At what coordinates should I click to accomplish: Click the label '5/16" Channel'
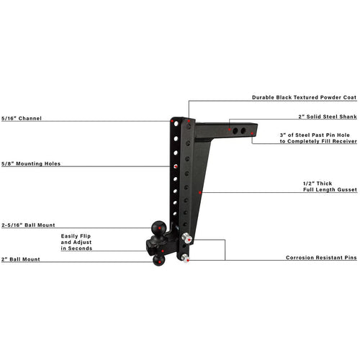22,118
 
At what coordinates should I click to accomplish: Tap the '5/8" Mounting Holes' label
31,163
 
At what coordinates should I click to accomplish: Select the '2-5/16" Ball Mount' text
28,225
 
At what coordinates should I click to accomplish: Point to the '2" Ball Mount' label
21,259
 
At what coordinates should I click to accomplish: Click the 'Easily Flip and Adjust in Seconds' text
76,242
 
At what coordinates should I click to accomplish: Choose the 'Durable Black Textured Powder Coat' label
305,97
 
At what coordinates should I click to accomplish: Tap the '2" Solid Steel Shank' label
328,117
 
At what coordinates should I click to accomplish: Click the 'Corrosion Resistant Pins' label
321,258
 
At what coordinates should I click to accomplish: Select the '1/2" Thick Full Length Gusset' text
330,186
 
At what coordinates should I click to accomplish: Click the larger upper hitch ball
158,228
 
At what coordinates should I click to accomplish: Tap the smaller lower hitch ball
158,260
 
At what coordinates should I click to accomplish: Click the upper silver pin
187,238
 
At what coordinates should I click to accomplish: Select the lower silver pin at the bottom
185,258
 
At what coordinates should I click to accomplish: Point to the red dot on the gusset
200,192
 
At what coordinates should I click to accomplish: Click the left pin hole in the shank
235,131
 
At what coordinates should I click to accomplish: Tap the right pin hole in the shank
243,131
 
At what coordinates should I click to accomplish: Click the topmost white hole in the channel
176,124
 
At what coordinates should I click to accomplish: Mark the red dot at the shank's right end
252,133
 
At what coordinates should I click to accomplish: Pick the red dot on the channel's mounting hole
176,166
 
